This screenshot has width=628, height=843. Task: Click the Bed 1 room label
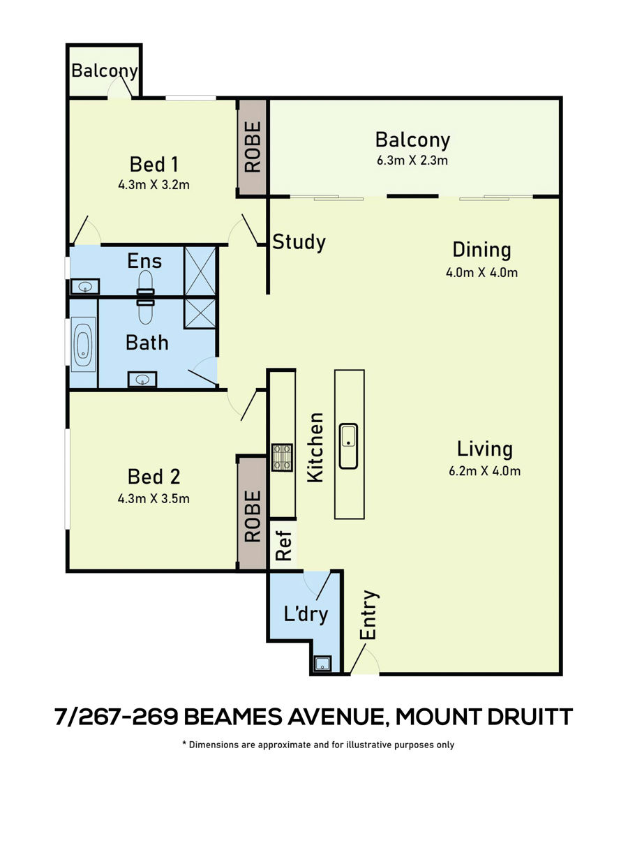pos(154,165)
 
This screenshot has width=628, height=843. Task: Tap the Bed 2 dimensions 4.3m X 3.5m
pos(154,499)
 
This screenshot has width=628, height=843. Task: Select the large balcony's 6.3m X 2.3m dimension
pos(412,161)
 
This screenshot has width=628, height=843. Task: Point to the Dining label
pos(481,251)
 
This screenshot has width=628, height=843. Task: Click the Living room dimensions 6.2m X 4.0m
pos(485,471)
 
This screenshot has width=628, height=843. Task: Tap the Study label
pos(299,242)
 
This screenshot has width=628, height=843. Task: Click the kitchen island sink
pos(349,446)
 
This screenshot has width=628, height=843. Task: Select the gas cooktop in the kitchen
pos(282,458)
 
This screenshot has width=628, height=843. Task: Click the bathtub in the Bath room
pos(83,350)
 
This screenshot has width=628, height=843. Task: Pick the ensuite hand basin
pos(85,287)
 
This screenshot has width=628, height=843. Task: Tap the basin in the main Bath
pos(142,380)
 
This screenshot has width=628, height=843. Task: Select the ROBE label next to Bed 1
pos(253,147)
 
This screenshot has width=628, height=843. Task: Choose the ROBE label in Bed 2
pos(253,516)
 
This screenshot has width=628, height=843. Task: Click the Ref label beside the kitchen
pos(283,546)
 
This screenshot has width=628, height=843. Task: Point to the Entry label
pos(368,615)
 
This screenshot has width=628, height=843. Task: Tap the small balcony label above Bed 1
pos(105,71)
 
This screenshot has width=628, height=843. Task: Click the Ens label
pos(144,261)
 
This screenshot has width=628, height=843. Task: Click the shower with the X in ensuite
pos(200,271)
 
